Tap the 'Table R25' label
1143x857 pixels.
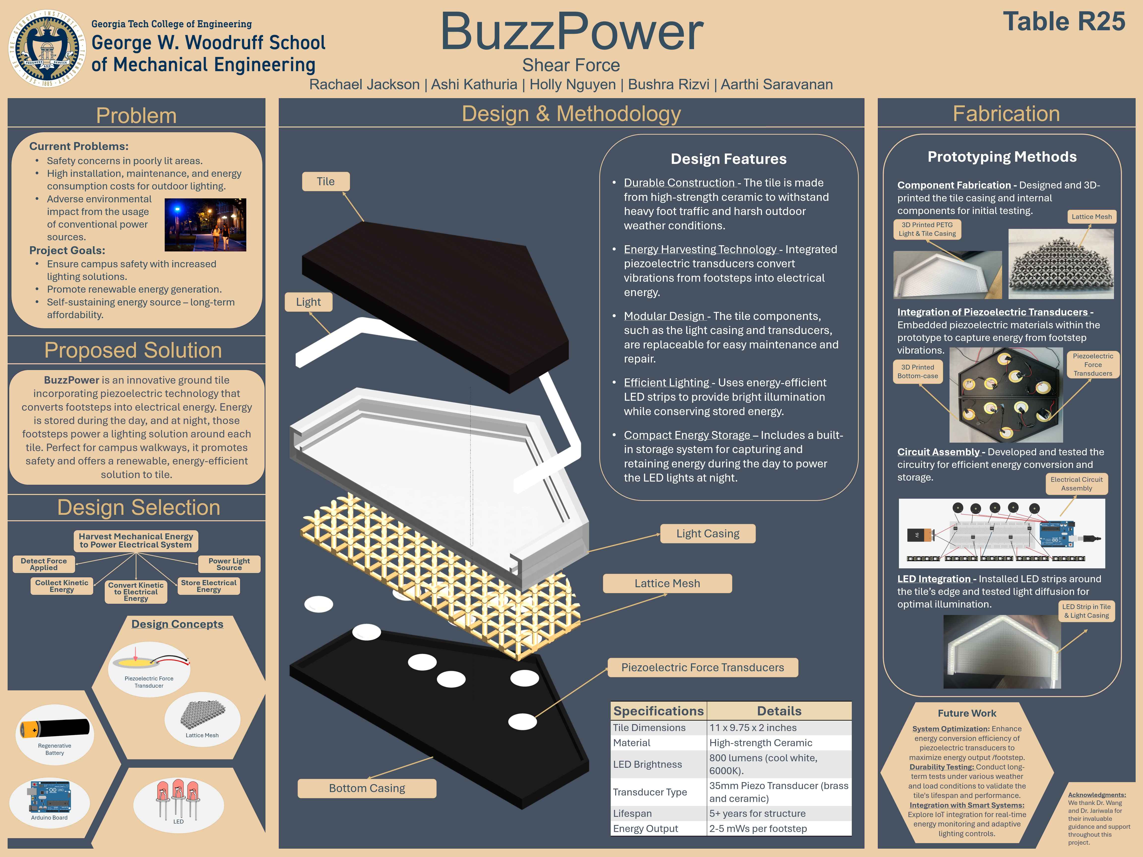(1063, 22)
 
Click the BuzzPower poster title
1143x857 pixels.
(571, 32)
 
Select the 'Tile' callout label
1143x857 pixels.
(325, 181)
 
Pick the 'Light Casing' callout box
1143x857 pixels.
(707, 534)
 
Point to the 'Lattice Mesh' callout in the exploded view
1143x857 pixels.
(667, 583)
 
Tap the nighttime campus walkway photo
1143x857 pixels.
(205, 225)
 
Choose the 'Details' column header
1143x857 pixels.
(779, 711)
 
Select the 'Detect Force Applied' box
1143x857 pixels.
(44, 564)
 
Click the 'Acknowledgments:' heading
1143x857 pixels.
(1097, 795)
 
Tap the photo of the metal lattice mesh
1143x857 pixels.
(1061, 263)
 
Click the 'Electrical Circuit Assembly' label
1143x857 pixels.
(1076, 484)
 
